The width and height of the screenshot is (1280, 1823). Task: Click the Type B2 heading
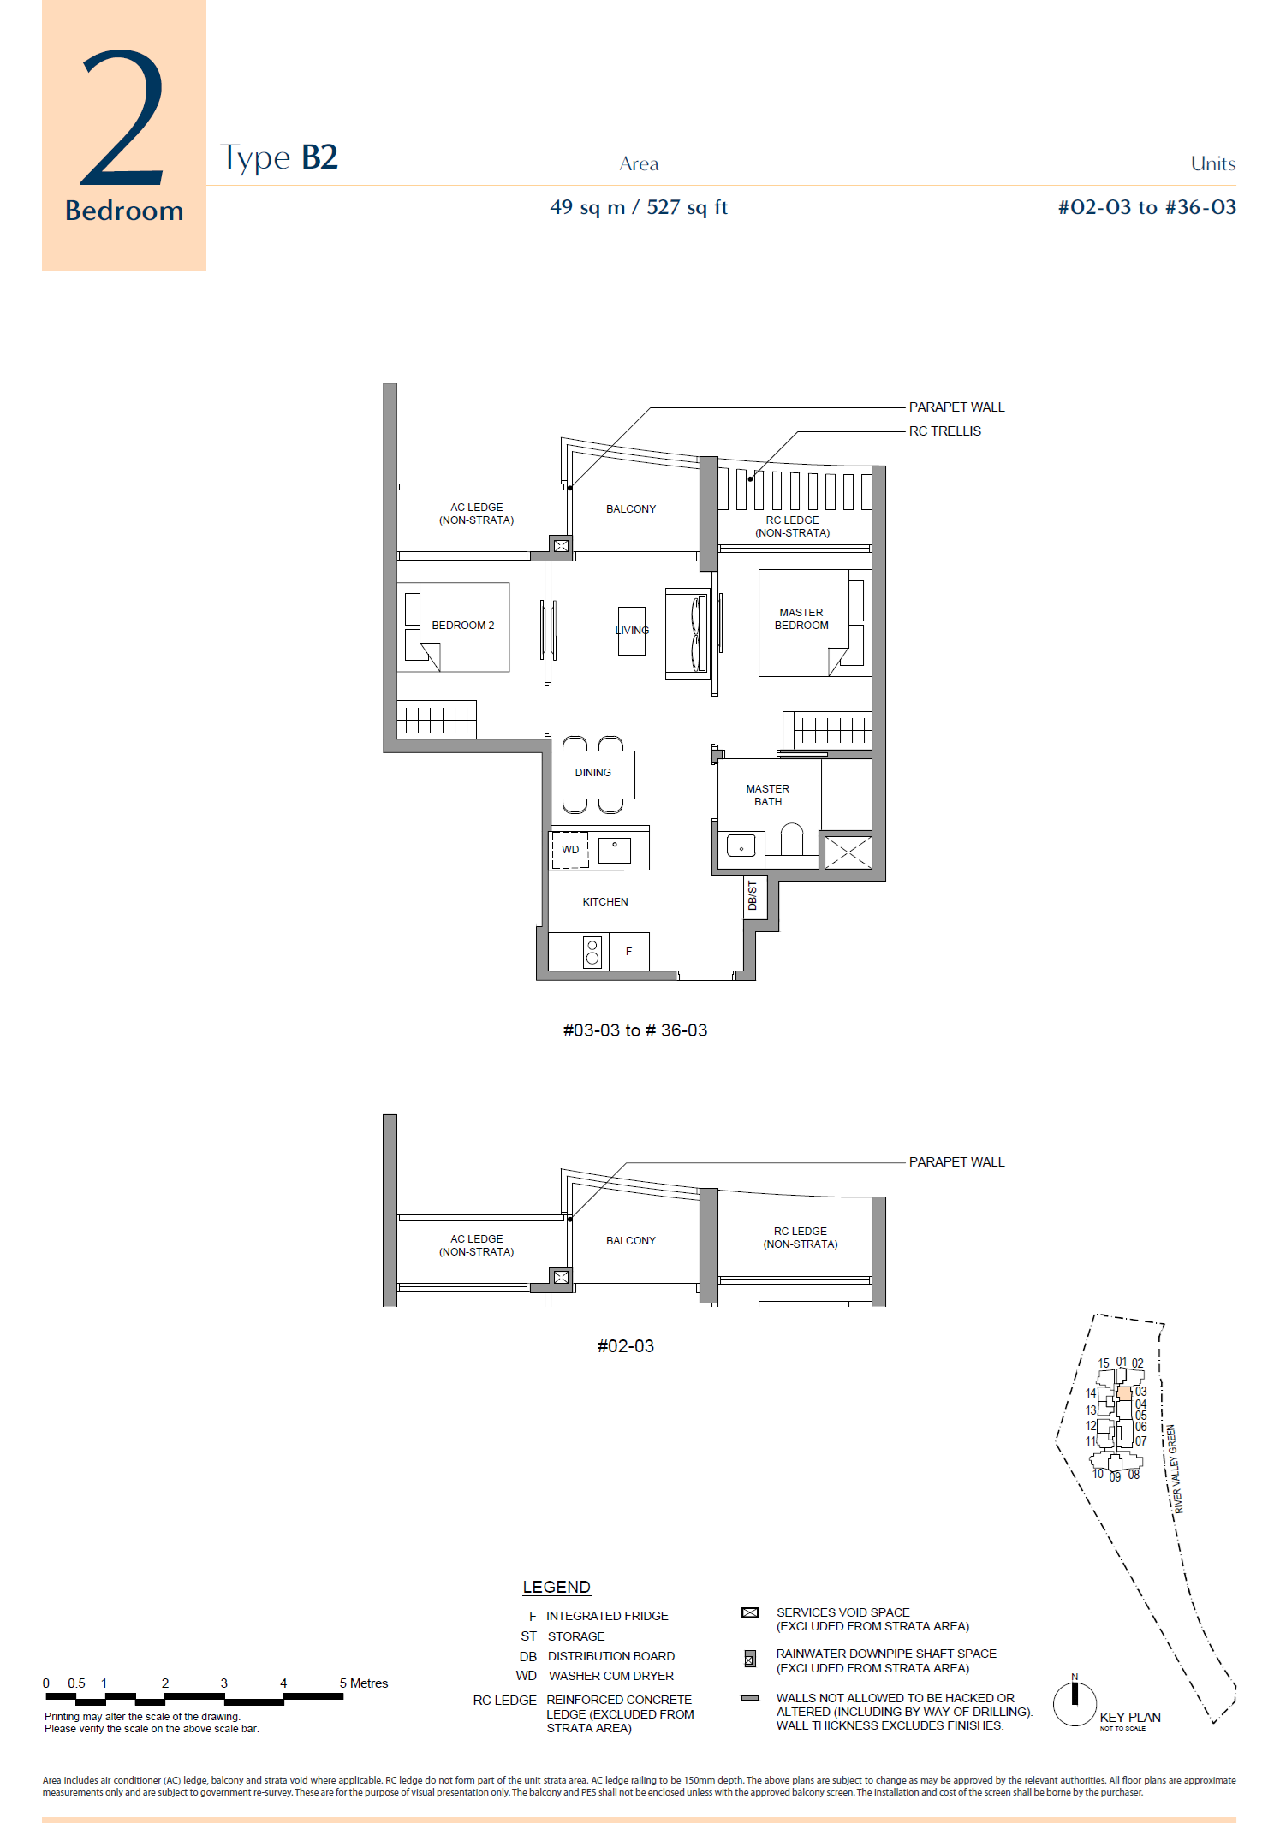point(279,158)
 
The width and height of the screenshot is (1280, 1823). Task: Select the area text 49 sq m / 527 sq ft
point(639,207)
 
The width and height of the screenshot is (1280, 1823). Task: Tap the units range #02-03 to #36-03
point(1146,207)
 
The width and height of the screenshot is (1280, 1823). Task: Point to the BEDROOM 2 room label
point(462,626)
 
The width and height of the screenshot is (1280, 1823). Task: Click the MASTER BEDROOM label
point(801,619)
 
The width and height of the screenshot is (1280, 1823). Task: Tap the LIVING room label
point(632,631)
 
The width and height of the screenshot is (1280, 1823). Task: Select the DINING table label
point(593,773)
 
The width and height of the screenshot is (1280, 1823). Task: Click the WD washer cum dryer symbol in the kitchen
point(570,850)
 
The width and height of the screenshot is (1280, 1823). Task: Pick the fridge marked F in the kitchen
point(628,952)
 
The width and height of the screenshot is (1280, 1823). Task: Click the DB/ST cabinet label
point(753,895)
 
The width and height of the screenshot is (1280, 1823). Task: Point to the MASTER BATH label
point(768,795)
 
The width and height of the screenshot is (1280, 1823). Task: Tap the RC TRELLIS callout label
point(945,431)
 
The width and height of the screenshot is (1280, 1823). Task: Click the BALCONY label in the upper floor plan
point(631,509)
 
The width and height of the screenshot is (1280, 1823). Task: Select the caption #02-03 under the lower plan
point(626,1346)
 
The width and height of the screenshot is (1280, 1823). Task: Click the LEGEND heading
point(557,1588)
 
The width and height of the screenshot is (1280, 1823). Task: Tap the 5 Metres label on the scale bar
point(364,1683)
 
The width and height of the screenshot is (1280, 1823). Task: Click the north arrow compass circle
point(1075,1704)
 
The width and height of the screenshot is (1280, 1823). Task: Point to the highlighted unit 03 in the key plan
point(1124,1394)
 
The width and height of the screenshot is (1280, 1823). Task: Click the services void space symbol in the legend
point(750,1612)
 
